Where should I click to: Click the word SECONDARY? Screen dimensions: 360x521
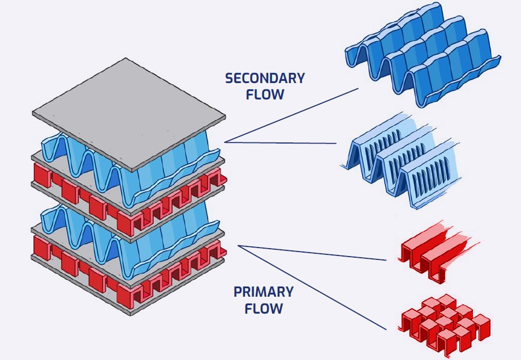tap(265, 78)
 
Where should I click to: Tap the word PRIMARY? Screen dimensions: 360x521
tap(264, 292)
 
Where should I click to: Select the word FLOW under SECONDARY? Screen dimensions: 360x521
tap(265, 94)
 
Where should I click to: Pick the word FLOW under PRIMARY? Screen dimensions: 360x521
tap(264, 309)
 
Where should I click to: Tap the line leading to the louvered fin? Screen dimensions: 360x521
tap(283, 143)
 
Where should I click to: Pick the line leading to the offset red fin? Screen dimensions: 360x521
tap(311, 286)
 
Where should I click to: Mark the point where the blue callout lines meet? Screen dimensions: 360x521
tap(225, 142)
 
